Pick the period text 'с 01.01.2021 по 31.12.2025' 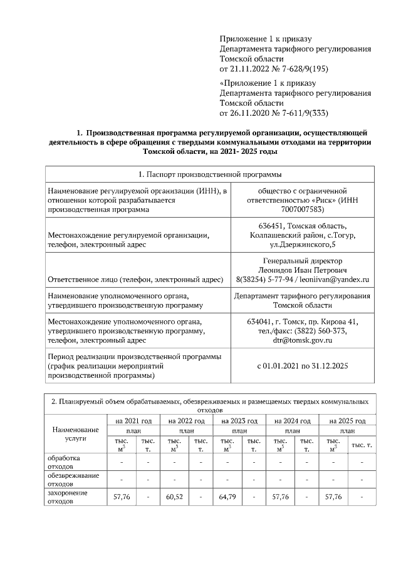point(302,366)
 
